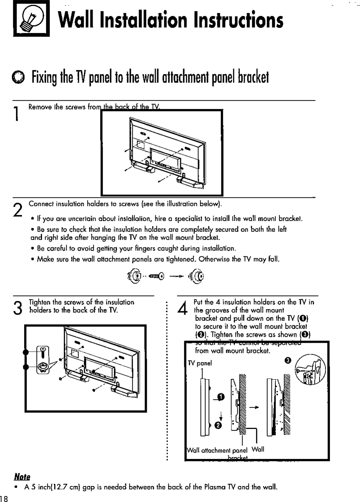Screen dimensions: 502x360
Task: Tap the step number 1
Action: [x=16, y=113]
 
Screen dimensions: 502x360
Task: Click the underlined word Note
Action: [x=22, y=477]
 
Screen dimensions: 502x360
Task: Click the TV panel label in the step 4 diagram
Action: [x=200, y=363]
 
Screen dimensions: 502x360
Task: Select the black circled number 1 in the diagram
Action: [x=221, y=397]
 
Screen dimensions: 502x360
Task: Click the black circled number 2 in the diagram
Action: [x=218, y=425]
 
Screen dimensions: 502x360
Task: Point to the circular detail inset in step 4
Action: [x=310, y=369]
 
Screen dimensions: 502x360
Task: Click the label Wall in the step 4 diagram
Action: [x=258, y=449]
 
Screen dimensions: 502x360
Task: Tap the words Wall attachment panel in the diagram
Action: [x=217, y=451]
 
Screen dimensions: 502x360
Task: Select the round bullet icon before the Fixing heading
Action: [x=18, y=76]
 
